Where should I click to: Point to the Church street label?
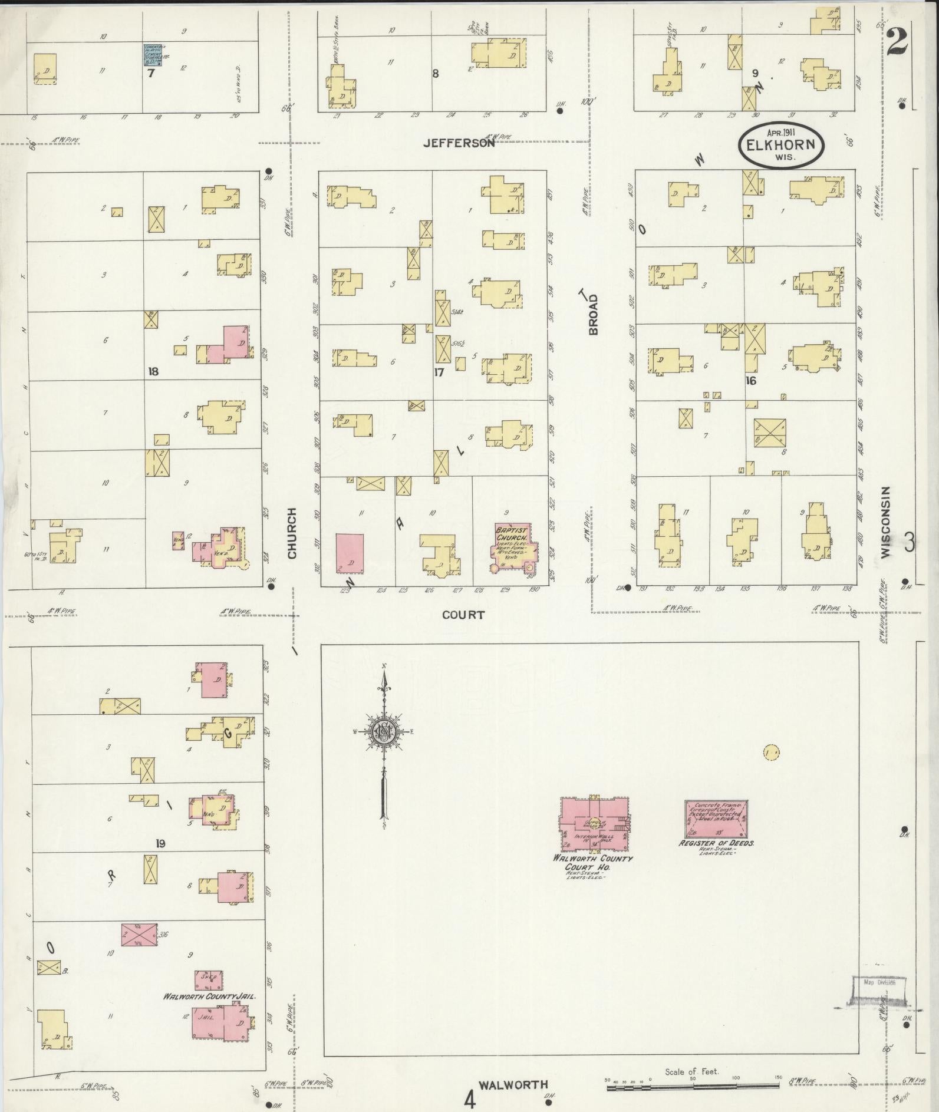click(292, 533)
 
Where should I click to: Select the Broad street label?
click(592, 314)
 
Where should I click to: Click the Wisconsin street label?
click(886, 522)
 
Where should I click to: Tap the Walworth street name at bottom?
click(513, 1085)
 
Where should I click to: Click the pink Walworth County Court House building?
click(593, 823)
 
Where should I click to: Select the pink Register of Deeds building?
click(716, 819)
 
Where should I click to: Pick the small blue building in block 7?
click(152, 54)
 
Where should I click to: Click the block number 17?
click(439, 372)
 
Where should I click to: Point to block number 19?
click(160, 843)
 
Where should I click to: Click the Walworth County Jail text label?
click(209, 996)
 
